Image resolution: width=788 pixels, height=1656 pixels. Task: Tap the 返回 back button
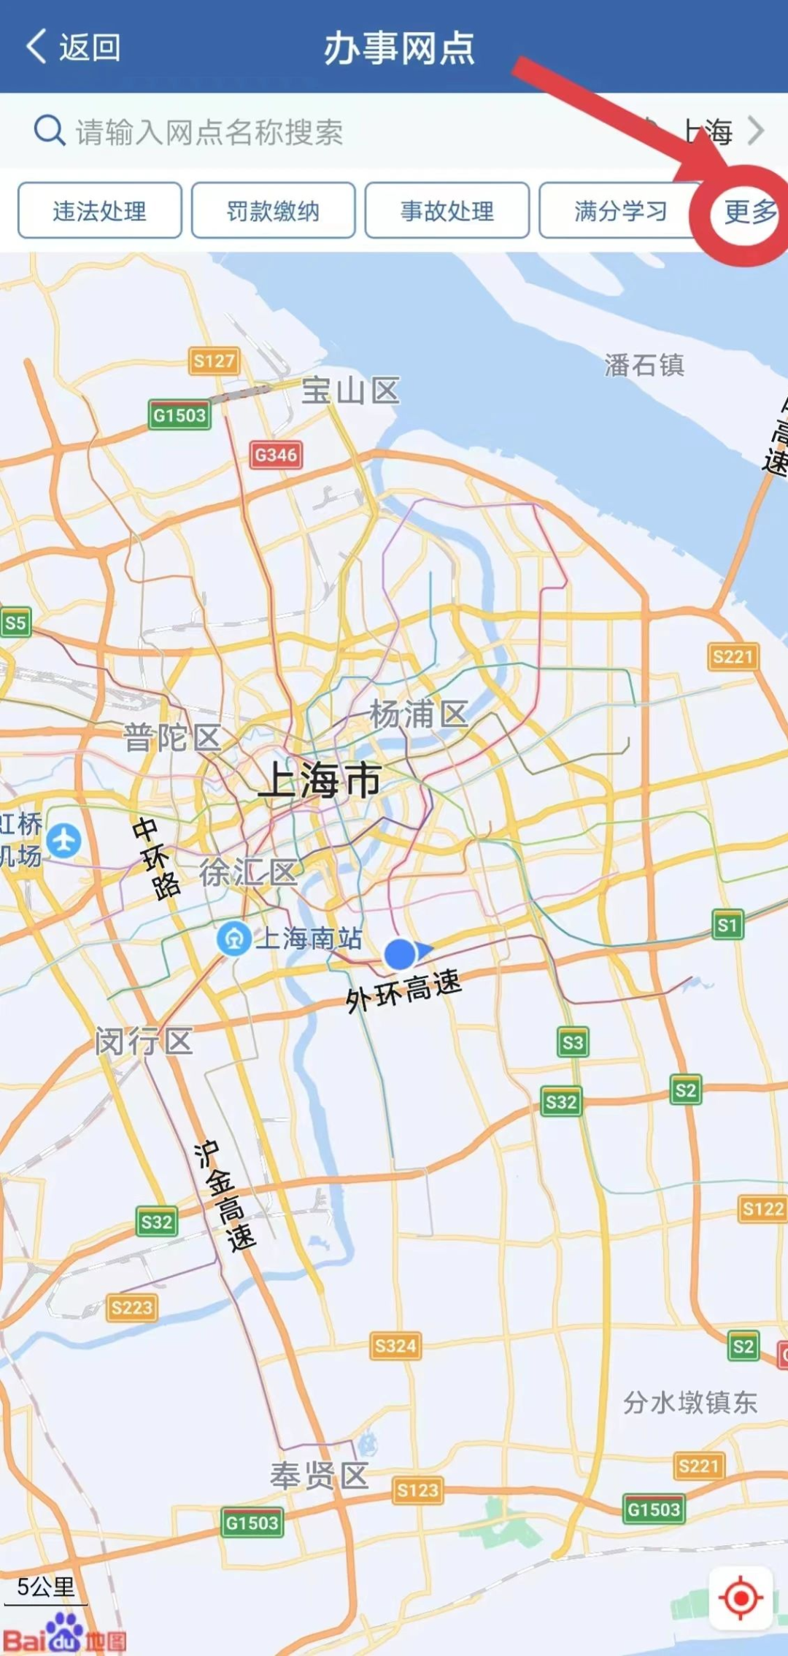(x=73, y=47)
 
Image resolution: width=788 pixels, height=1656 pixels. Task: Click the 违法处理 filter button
(x=100, y=211)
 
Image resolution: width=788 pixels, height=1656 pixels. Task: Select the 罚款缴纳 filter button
(x=273, y=211)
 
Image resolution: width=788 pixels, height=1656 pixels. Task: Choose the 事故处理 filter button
(x=447, y=211)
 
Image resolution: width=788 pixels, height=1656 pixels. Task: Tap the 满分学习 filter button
(x=620, y=211)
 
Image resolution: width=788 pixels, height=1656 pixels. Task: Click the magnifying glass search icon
(x=50, y=131)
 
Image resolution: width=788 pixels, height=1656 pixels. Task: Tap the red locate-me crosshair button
(x=741, y=1598)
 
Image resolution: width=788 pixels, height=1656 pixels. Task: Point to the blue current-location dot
(x=400, y=954)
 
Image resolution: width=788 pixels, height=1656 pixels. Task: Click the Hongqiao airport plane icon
(x=64, y=839)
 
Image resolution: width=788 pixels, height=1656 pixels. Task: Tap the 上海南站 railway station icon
(x=234, y=939)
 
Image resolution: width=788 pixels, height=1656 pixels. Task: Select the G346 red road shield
(x=276, y=455)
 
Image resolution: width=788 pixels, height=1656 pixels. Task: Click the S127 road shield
(x=214, y=361)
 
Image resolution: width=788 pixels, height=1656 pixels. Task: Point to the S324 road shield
(x=395, y=1345)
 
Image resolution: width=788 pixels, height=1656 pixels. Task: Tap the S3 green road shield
(x=573, y=1042)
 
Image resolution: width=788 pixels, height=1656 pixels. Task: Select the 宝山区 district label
(x=350, y=391)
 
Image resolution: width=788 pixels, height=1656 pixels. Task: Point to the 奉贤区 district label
(x=319, y=1476)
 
